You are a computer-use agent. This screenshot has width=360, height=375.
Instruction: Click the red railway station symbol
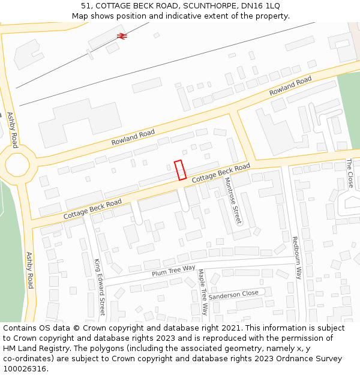(122, 36)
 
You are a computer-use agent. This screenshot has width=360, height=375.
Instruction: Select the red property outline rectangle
(180, 170)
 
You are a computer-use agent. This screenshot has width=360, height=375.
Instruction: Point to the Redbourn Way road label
(296, 257)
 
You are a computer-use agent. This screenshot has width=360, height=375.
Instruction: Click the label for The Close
(350, 173)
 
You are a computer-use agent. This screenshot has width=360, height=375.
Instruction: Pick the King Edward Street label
(100, 287)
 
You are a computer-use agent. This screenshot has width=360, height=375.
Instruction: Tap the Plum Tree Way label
(173, 271)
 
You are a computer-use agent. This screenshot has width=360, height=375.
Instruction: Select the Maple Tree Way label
(202, 292)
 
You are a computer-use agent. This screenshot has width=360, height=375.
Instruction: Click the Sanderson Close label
(233, 295)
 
